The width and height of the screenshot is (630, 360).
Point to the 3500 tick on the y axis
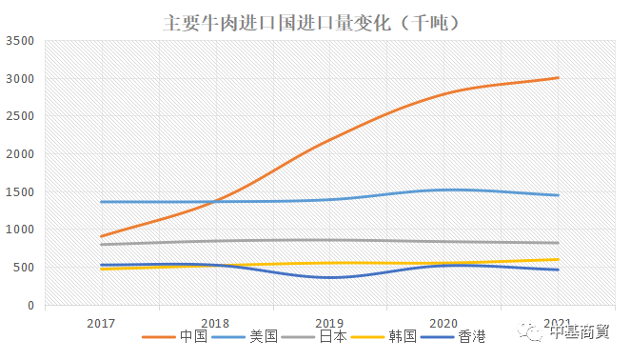tap(20, 41)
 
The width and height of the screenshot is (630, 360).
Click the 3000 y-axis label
tap(20, 79)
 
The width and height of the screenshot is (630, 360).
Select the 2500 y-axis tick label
tap(20, 116)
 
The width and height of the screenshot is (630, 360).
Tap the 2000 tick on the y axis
tap(20, 154)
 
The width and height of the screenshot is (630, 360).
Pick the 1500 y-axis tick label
tap(20, 192)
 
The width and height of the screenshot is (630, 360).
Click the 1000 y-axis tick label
tap(20, 230)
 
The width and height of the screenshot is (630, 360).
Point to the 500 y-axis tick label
tap(24, 268)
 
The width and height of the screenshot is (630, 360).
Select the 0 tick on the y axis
tap(31, 306)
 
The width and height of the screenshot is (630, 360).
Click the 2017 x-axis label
tap(101, 324)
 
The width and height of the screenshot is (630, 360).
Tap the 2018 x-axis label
tap(215, 324)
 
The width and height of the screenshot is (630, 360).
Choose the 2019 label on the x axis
tap(329, 324)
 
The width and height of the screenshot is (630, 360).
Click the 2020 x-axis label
tap(443, 324)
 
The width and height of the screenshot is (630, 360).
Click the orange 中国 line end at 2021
tap(558, 78)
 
